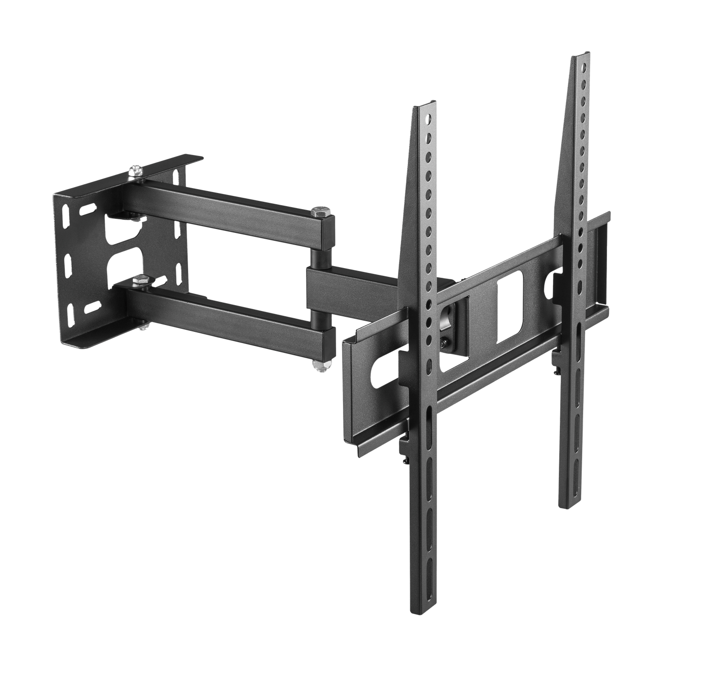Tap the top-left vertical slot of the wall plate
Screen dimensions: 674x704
click(66, 215)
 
